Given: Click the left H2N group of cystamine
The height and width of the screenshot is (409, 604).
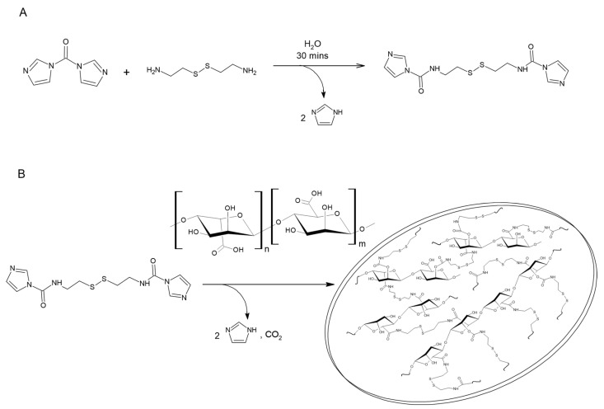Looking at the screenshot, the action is [x=154, y=71].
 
